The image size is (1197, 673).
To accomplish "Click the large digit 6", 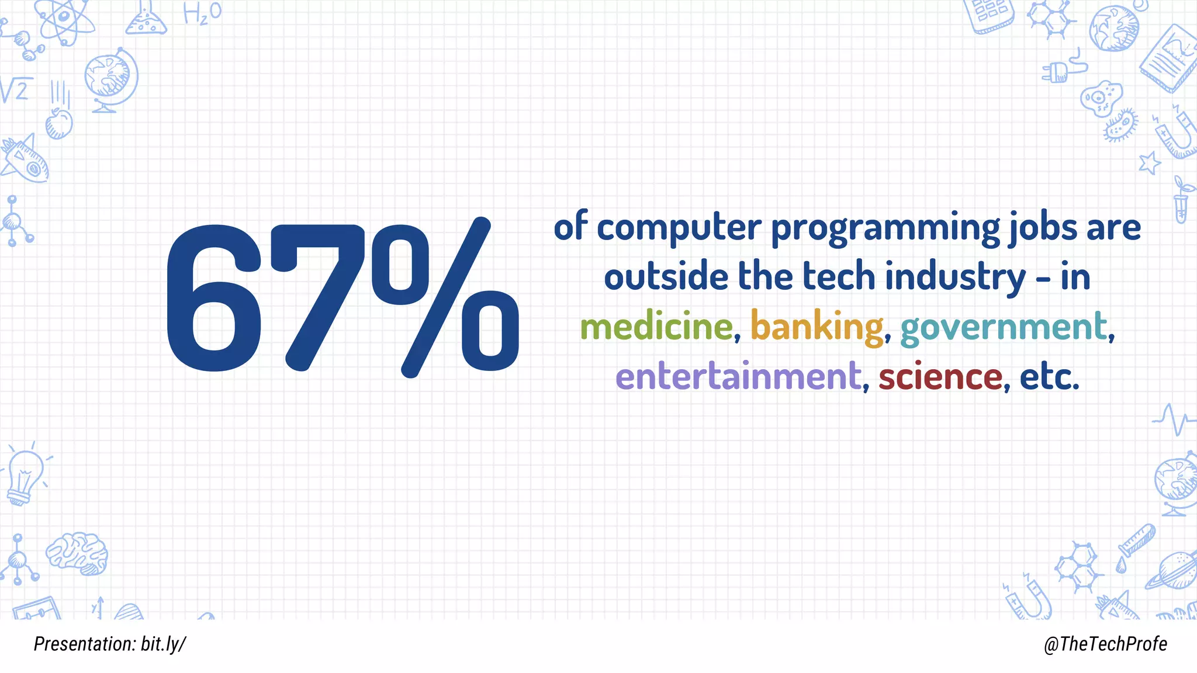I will click(215, 298).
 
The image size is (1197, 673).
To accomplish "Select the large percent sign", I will click(444, 298).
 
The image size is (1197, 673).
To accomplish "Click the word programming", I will click(885, 228).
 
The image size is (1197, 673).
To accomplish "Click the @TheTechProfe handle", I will click(1105, 644).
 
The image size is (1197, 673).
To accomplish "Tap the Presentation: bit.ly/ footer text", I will click(110, 644).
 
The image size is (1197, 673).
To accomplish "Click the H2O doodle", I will click(202, 13).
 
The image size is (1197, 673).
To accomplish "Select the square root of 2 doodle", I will click(16, 91).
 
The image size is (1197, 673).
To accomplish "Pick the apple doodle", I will click(59, 123).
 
